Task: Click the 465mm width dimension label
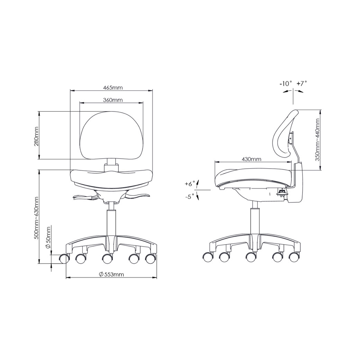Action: (113, 88)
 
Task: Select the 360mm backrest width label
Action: (113, 100)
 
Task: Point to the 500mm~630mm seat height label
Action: (36, 218)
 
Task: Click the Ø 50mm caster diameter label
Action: (48, 237)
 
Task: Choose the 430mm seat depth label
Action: (252, 159)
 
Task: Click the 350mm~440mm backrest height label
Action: (318, 140)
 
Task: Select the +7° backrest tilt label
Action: (301, 83)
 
